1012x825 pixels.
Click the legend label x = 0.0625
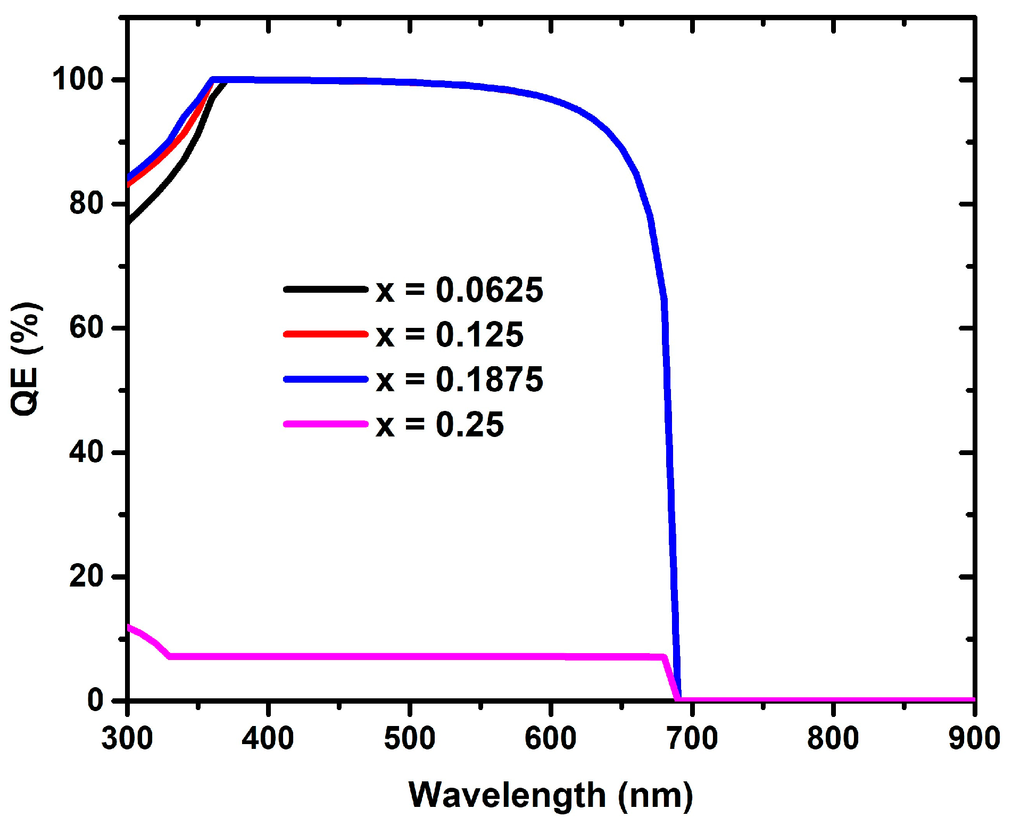(x=460, y=290)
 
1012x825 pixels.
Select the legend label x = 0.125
(x=450, y=335)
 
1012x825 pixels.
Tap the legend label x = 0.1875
(x=460, y=379)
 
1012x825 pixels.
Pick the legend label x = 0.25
(x=439, y=425)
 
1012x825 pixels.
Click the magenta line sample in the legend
(x=326, y=424)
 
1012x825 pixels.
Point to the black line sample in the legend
(x=326, y=290)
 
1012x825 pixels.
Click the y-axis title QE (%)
(x=26, y=359)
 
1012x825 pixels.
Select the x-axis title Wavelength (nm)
(x=551, y=795)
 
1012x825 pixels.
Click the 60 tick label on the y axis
(x=86, y=328)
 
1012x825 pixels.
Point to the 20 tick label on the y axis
(x=86, y=576)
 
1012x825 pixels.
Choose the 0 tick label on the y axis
(x=96, y=700)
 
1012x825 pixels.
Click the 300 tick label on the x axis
(x=127, y=738)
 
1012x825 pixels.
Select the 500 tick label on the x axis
(x=410, y=738)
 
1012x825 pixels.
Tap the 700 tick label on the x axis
(x=692, y=738)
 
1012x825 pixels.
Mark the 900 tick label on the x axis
(x=974, y=738)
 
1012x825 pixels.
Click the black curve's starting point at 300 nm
(x=129, y=221)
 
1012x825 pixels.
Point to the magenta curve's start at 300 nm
(x=129, y=627)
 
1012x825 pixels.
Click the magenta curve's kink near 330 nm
(x=170, y=656)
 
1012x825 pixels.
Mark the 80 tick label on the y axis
(x=86, y=203)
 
